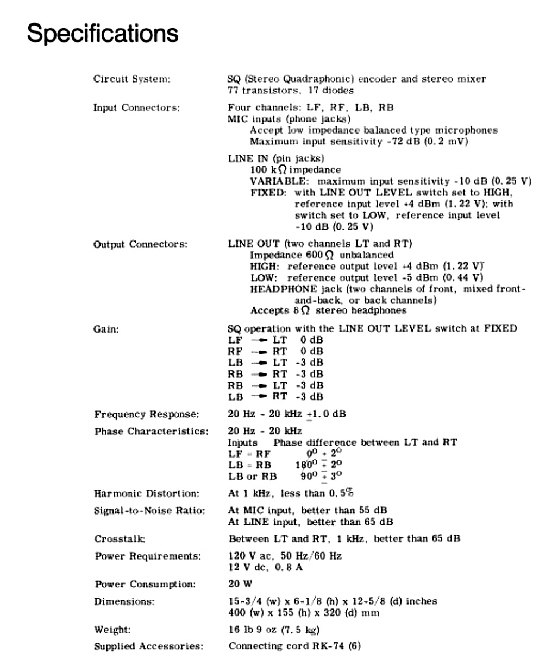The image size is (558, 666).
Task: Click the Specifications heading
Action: [x=102, y=33]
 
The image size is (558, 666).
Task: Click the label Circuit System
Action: [x=131, y=79]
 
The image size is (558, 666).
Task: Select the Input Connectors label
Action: [x=136, y=107]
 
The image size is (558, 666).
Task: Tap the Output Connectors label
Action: [x=140, y=244]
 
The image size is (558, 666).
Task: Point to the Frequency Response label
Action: [x=147, y=415]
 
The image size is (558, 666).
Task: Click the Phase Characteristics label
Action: [x=151, y=432]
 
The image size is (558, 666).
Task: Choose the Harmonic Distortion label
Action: [x=147, y=493]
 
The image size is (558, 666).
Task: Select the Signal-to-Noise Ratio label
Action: [x=149, y=511]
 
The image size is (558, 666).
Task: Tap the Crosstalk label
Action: [x=119, y=539]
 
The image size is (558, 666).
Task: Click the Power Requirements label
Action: [x=147, y=556]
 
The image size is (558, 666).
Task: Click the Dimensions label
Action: [x=124, y=601]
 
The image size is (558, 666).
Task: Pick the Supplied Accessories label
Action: [x=148, y=646]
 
